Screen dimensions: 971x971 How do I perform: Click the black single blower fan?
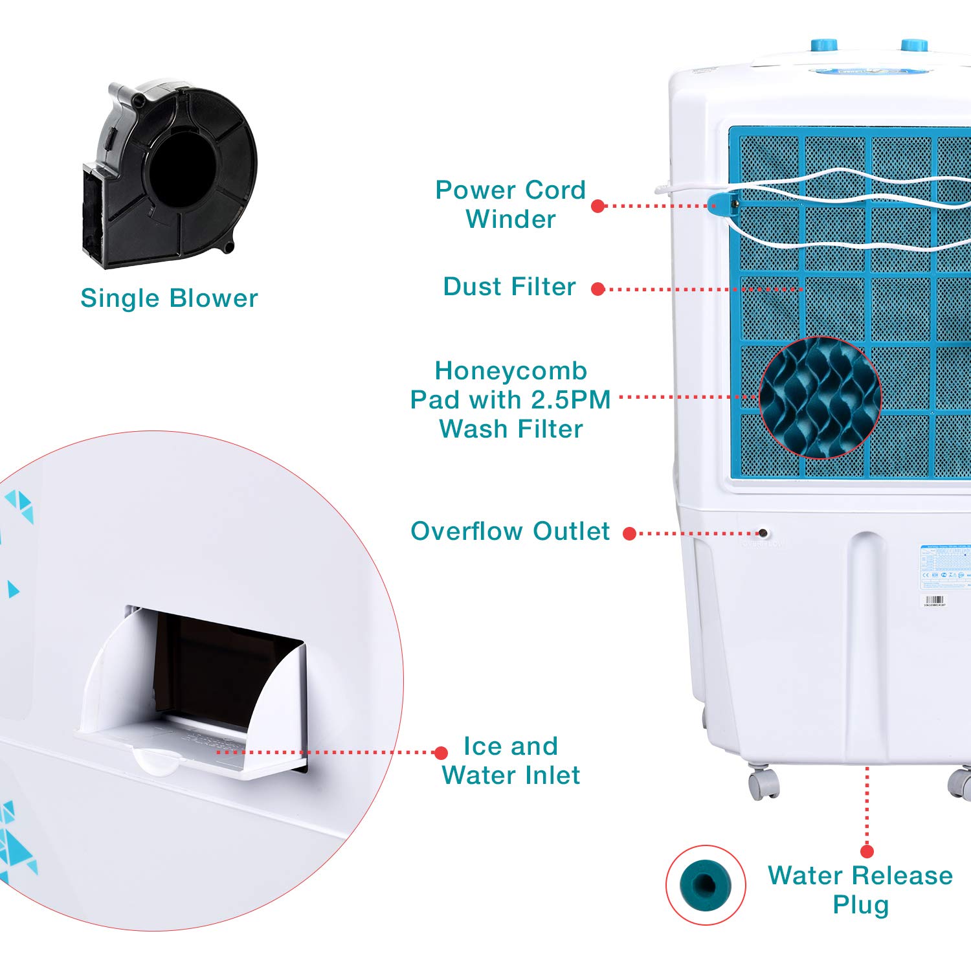pos(170,173)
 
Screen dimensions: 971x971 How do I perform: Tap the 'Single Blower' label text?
pos(169,298)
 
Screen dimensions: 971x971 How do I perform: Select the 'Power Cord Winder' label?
pos(510,205)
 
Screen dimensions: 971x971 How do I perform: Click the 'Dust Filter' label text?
pos(509,287)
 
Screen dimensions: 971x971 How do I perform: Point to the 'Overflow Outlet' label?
pos(510,531)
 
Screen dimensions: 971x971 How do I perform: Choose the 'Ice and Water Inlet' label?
pos(511,761)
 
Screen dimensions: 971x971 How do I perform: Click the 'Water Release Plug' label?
pos(860,889)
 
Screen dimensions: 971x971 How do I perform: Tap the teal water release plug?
pos(706,884)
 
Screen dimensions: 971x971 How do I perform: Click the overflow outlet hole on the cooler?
pos(763,533)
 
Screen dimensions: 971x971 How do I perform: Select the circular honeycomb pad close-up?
pos(820,397)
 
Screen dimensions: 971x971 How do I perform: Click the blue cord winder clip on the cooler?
pos(722,204)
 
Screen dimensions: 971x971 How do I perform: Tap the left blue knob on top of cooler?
pos(824,45)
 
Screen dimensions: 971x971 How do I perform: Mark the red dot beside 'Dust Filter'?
pos(598,289)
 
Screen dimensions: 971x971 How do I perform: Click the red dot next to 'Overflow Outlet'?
pos(629,533)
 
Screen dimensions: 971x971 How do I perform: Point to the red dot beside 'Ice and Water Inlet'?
pos(441,753)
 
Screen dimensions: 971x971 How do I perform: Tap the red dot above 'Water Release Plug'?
pos(867,851)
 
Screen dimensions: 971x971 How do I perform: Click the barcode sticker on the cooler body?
pos(935,601)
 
